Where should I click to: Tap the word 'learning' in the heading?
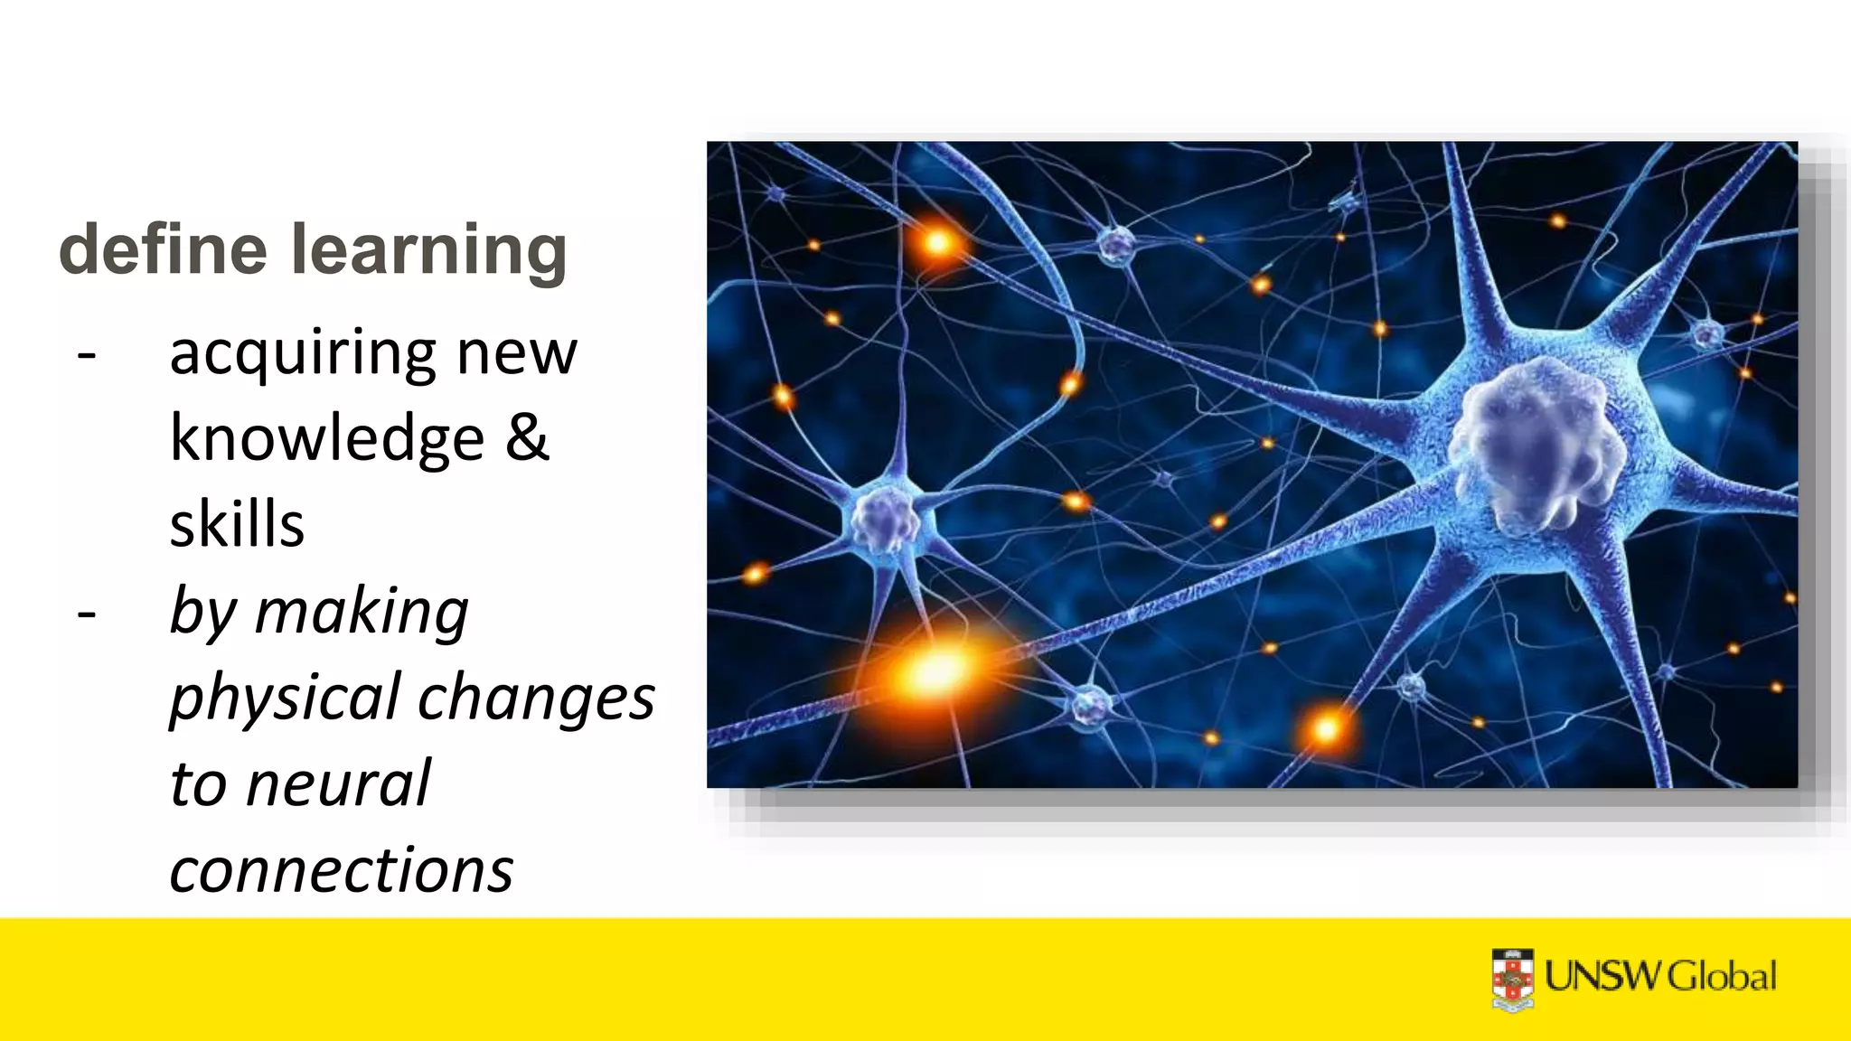(x=429, y=251)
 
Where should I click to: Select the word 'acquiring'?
(x=304, y=354)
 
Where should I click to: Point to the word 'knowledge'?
(x=327, y=439)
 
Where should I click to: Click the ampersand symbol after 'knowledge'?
(x=527, y=437)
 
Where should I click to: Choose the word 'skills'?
(x=237, y=524)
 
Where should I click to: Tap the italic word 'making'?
(x=362, y=613)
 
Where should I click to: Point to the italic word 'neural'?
(x=338, y=783)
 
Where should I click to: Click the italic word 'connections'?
(x=342, y=869)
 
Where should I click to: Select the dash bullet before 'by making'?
(x=87, y=614)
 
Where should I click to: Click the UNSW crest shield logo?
(x=1512, y=979)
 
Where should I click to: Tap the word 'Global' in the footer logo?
(x=1721, y=977)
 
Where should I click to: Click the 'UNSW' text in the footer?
(x=1603, y=977)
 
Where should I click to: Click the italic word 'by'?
(x=203, y=613)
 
